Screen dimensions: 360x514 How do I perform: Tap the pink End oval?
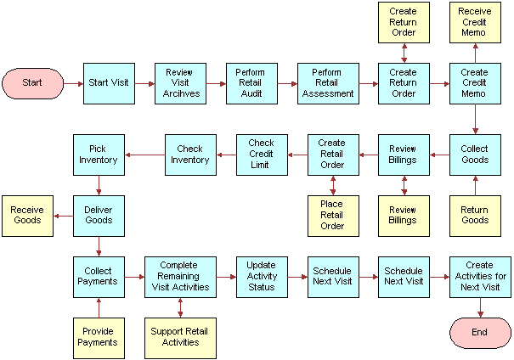coord(479,332)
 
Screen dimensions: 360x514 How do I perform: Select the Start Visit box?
coord(110,83)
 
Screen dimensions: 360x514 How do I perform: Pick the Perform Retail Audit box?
coord(251,83)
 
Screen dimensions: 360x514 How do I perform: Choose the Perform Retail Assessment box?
coord(327,83)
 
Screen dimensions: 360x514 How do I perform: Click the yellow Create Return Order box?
coord(404,22)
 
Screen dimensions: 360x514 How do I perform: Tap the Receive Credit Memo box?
coord(475,22)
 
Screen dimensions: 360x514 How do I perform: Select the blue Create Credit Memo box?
coord(475,83)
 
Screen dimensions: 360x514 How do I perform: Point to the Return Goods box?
coord(475,216)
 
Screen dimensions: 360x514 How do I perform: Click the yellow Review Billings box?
coord(404,216)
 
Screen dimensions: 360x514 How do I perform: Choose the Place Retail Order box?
coord(332,216)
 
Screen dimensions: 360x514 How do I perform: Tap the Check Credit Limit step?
coord(261,155)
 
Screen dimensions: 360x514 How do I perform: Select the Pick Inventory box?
coord(99,155)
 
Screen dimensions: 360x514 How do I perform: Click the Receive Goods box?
coord(28,216)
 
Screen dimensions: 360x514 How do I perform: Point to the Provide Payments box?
coord(99,337)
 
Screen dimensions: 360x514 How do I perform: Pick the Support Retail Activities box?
coord(179,337)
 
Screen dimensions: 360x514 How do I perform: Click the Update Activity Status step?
coord(261,276)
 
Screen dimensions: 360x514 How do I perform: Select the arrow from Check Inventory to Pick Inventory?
coord(144,155)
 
